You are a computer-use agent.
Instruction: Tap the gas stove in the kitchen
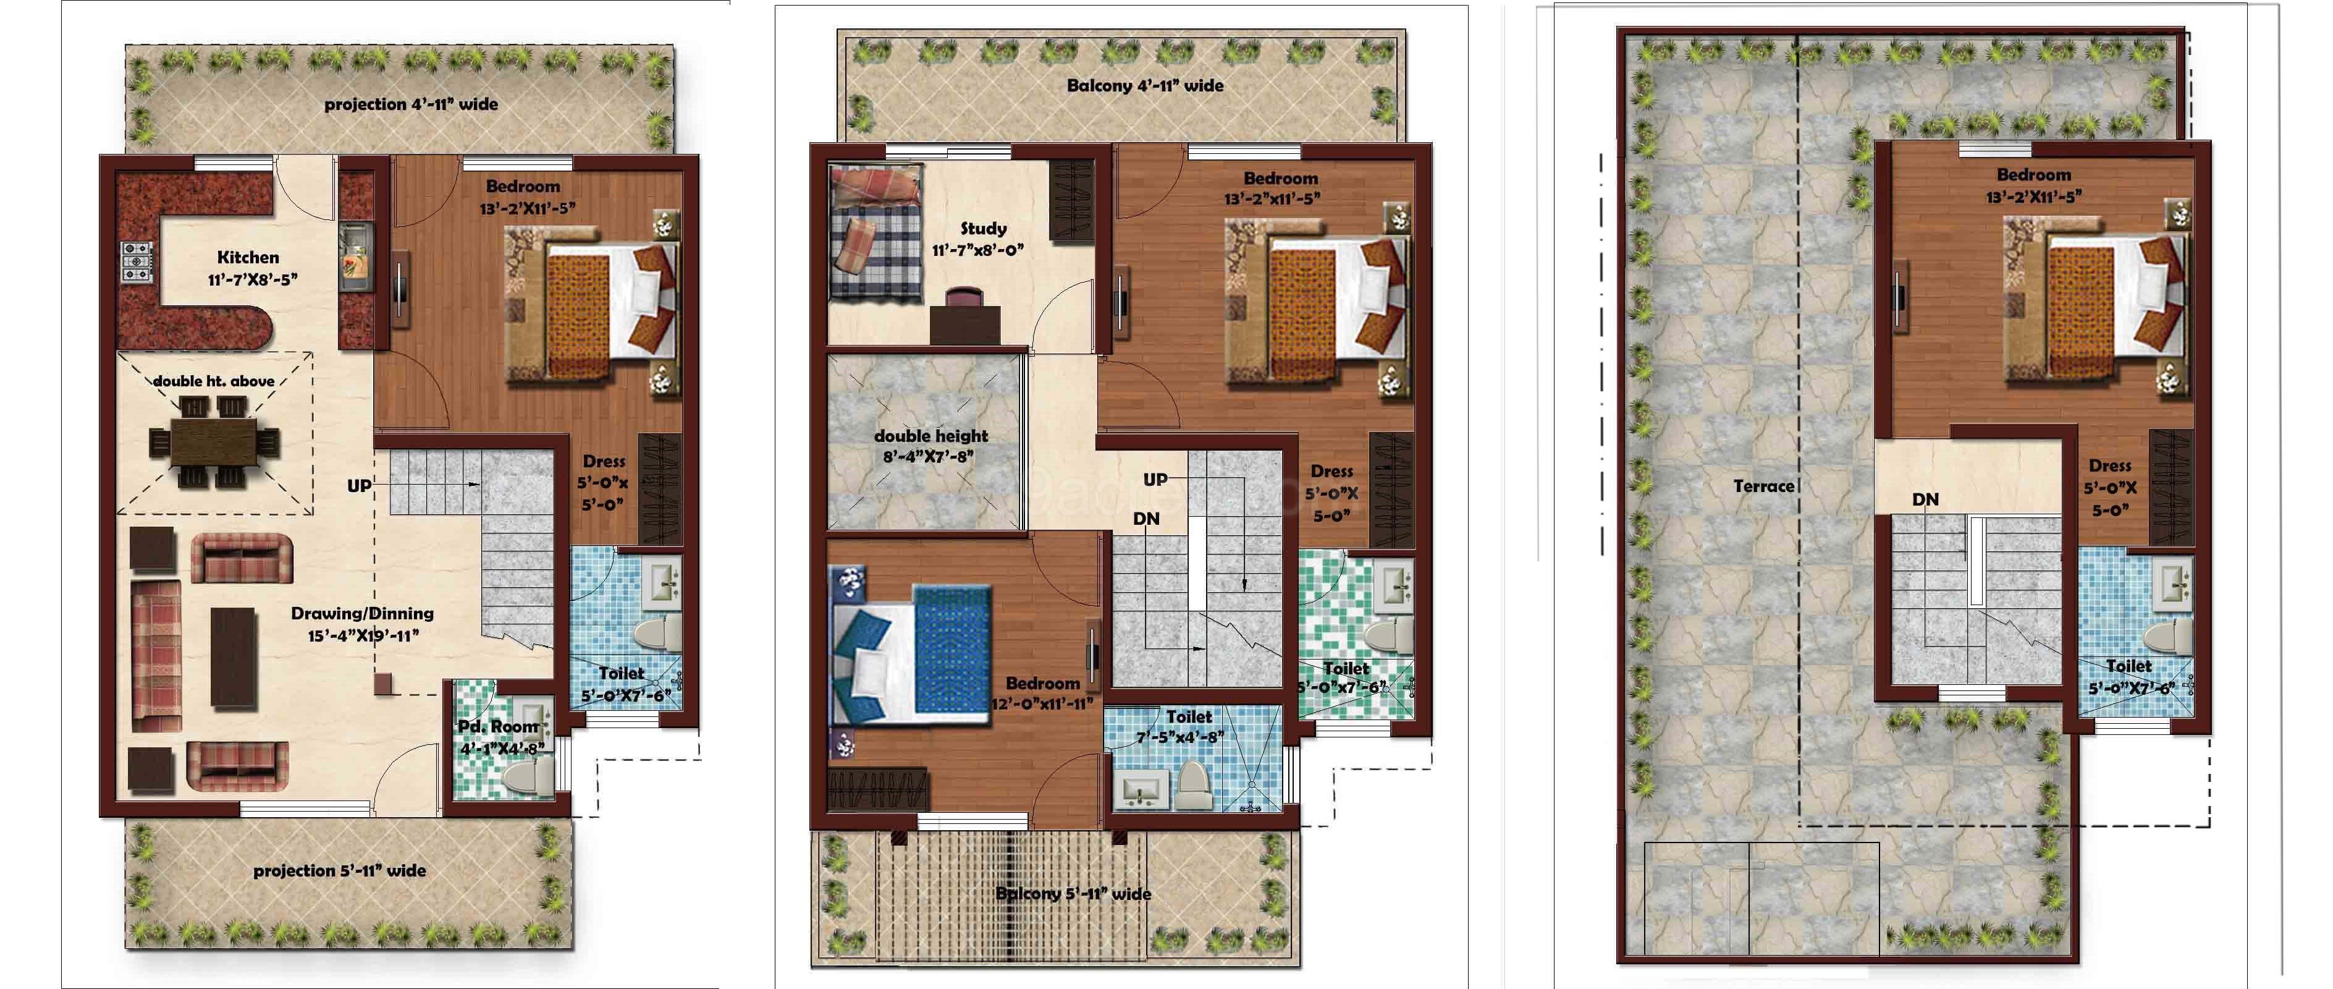click(x=137, y=261)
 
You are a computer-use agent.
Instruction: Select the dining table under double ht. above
click(x=214, y=444)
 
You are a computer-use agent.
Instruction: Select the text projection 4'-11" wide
click(x=411, y=104)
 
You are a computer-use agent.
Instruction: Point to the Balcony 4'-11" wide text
click(x=1145, y=86)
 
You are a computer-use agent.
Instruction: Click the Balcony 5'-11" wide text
click(x=1073, y=894)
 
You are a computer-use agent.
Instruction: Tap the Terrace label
click(x=1763, y=486)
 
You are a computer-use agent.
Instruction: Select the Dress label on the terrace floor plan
click(x=2110, y=465)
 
